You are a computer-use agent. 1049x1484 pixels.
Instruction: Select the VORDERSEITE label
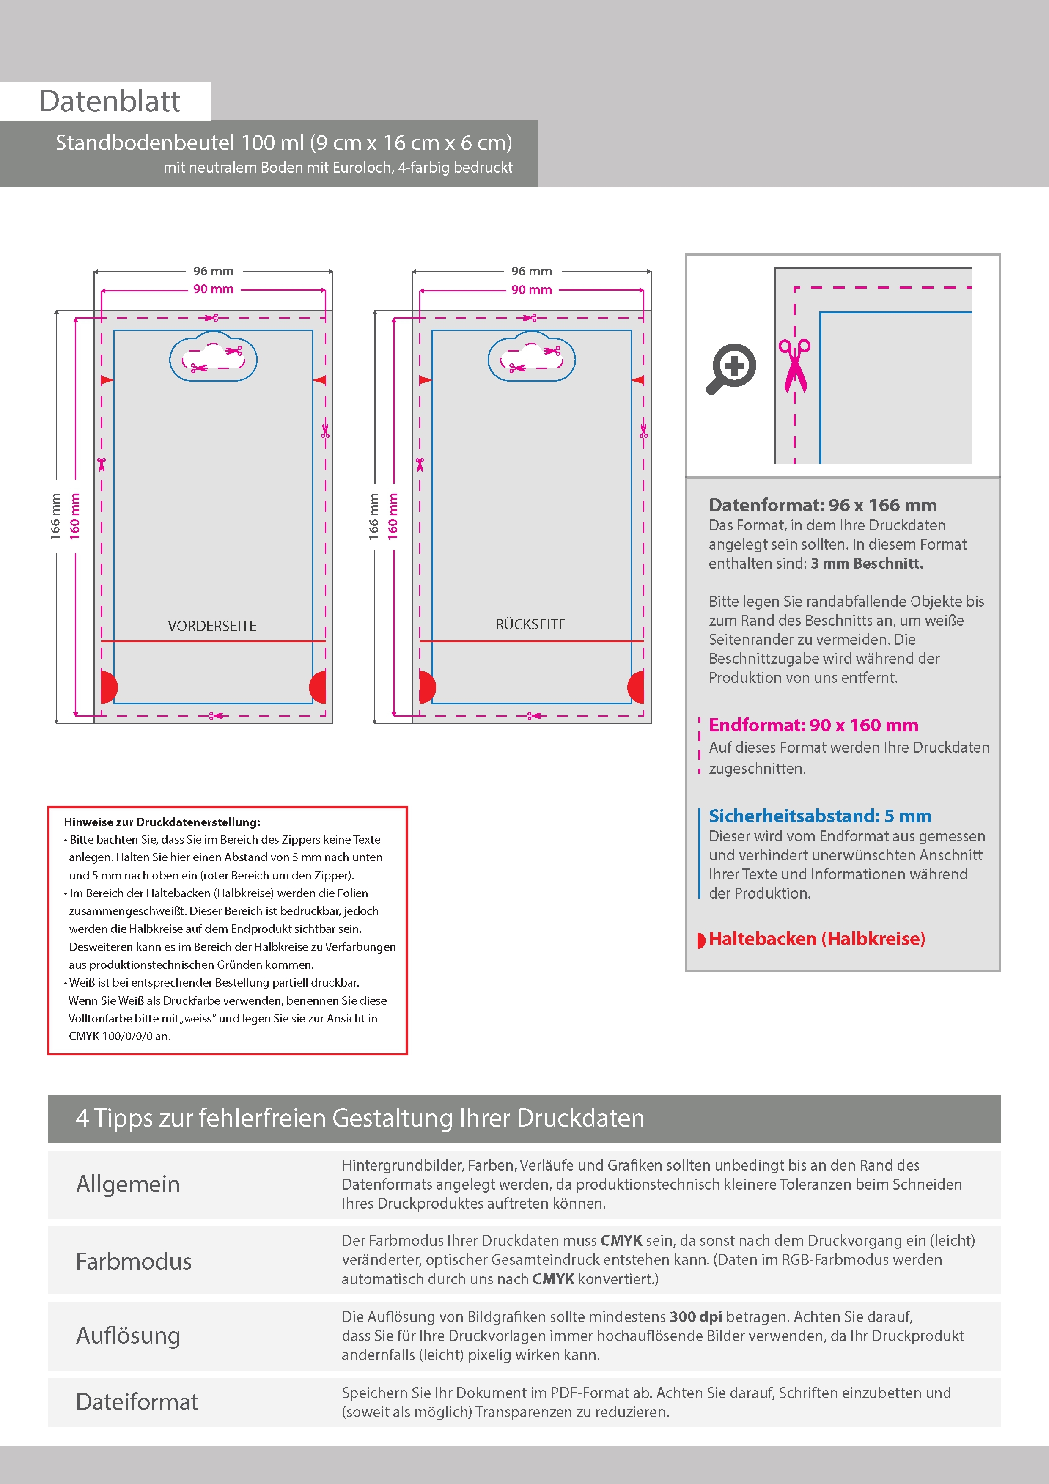(x=212, y=626)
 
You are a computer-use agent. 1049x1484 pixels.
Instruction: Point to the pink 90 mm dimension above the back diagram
(x=531, y=289)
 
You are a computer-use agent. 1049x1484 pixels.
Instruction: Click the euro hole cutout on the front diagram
(x=213, y=357)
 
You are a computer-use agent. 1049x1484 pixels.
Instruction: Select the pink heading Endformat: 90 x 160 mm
(x=813, y=725)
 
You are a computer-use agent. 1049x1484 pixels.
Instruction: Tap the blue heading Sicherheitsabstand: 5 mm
(x=820, y=816)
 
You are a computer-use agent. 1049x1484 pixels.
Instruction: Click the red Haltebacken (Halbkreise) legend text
(x=817, y=938)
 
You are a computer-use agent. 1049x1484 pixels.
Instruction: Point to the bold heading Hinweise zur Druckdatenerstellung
(x=162, y=822)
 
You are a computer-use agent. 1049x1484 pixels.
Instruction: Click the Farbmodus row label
(x=134, y=1261)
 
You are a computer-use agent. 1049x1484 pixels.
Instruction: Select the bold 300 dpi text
(x=695, y=1316)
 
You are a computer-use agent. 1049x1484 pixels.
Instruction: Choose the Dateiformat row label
(x=137, y=1401)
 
